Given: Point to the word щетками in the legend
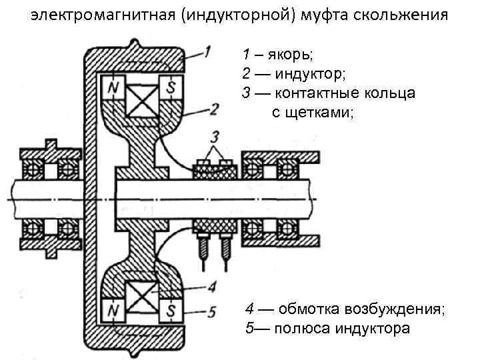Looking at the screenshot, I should tap(314, 112).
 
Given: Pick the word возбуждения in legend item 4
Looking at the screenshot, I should tap(405, 309).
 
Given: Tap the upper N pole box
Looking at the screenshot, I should tap(113, 87).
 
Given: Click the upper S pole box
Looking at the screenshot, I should tap(172, 87).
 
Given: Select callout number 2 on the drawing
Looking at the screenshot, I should tap(213, 109).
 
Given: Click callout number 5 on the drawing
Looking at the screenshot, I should tap(212, 310).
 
